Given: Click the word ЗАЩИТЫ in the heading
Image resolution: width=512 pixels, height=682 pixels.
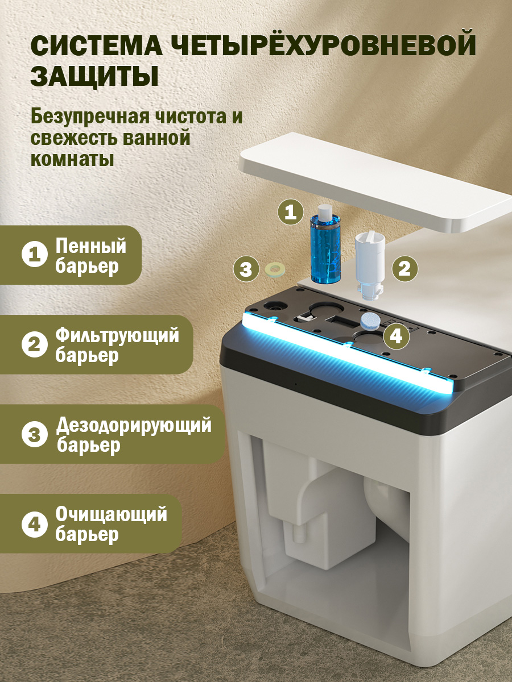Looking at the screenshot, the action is pyautogui.click(x=95, y=76).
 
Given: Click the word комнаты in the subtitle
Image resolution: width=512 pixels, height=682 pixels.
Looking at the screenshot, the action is pyautogui.click(x=72, y=159).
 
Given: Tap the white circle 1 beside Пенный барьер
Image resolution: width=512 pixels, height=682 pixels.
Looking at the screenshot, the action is pyautogui.click(x=35, y=254).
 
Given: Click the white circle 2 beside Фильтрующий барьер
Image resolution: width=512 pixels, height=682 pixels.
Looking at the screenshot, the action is pyautogui.click(x=35, y=344).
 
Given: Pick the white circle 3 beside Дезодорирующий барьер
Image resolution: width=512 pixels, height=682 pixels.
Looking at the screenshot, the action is pyautogui.click(x=35, y=434).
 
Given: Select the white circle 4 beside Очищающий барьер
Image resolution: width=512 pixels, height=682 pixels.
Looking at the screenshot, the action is pyautogui.click(x=35, y=524).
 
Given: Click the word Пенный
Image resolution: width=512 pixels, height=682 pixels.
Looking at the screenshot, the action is pyautogui.click(x=91, y=247).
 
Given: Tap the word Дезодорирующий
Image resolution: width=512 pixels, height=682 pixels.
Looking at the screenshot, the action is pyautogui.click(x=134, y=425).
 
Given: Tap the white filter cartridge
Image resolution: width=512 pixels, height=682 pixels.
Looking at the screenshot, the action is pyautogui.click(x=370, y=265).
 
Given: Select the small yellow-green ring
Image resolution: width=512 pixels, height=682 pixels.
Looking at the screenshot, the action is pyautogui.click(x=275, y=268).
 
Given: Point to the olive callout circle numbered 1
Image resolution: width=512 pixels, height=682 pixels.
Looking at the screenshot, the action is pyautogui.click(x=291, y=212).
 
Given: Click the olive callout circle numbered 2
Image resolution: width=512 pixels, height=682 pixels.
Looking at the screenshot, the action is pyautogui.click(x=404, y=268).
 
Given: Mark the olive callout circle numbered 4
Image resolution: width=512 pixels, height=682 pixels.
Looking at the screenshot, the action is pyautogui.click(x=396, y=336).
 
